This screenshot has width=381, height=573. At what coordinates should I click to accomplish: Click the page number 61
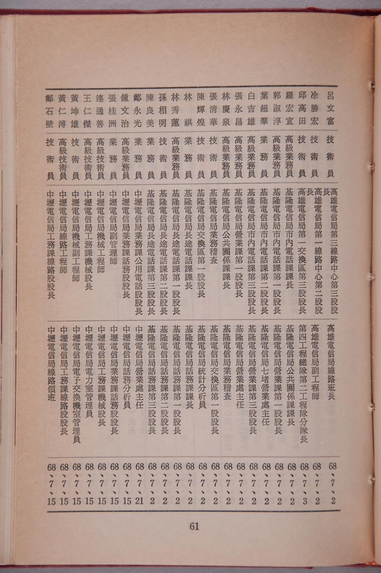point(194,526)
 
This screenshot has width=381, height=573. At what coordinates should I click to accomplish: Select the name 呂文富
point(329,108)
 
